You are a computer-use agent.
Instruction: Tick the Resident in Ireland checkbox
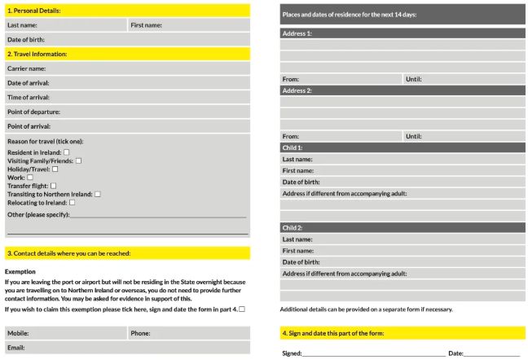67,152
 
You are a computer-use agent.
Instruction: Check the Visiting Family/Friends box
78,160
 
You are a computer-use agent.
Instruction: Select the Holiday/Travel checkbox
55,169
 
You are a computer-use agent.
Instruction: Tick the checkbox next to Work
30,177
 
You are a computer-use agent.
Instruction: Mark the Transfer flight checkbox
54,186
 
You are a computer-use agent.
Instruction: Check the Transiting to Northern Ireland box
98,194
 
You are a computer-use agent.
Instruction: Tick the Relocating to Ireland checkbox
72,202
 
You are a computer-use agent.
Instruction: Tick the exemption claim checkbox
242,310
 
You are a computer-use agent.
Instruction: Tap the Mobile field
81,333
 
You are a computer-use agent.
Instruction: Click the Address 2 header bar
403,90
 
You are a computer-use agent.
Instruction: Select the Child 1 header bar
403,147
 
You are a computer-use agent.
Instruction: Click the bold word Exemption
20,271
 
